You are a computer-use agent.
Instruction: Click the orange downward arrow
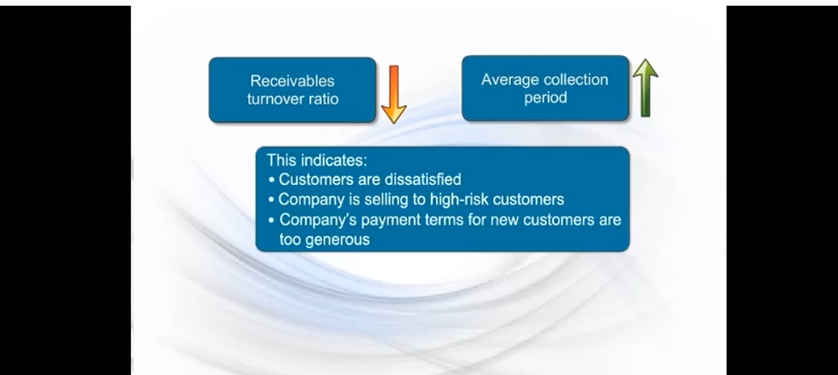[393, 93]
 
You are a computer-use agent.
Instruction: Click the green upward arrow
[645, 88]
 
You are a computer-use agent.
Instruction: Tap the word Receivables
[292, 81]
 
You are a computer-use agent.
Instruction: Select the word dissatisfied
[418, 179]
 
